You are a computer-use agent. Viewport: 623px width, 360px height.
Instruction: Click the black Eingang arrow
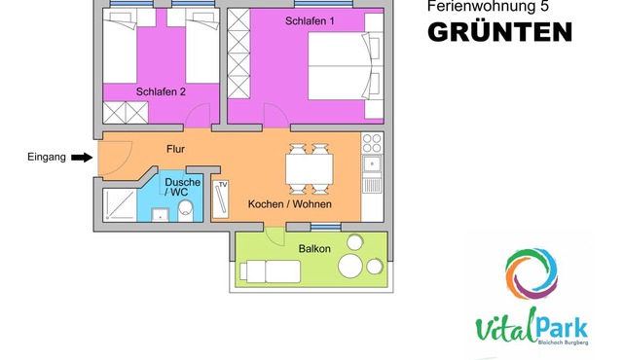point(82,158)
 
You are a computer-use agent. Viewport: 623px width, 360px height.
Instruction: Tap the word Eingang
point(47,158)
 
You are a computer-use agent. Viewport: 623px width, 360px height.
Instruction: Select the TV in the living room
point(221,199)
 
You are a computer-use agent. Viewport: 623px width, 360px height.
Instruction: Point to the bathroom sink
point(160,214)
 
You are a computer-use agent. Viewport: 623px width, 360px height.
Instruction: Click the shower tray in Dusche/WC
point(120,205)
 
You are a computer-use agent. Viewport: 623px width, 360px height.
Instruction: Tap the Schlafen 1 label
point(310,21)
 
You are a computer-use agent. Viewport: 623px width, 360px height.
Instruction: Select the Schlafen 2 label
point(161,91)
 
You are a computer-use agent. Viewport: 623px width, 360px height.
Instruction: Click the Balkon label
point(314,249)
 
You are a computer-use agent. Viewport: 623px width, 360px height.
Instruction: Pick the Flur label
point(175,149)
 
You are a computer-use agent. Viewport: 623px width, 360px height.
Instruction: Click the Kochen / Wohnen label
point(290,204)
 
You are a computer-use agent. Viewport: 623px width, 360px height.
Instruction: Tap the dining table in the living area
point(310,169)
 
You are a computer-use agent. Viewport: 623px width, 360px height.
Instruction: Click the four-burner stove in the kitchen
point(372,143)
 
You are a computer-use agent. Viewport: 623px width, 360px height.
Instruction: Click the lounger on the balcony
point(270,271)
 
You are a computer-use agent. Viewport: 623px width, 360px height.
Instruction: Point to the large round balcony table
point(350,266)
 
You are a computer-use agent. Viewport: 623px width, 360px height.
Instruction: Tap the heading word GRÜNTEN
point(499,31)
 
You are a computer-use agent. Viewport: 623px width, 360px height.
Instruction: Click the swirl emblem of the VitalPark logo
point(531,273)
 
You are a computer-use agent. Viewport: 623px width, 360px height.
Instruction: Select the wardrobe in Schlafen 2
point(126,113)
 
